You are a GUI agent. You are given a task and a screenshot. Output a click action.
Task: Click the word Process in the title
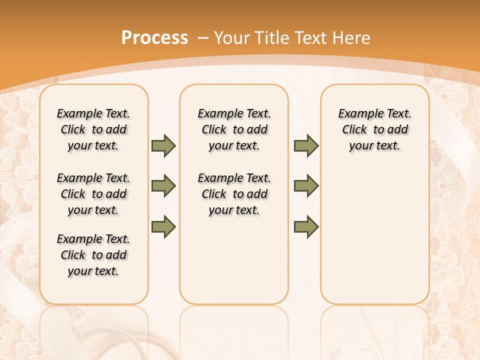click(x=154, y=38)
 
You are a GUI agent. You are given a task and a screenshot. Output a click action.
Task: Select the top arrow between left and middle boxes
click(x=163, y=145)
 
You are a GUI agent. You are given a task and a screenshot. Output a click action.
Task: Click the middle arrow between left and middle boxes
click(x=163, y=186)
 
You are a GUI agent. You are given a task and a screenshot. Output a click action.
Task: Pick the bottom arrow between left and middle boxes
click(x=163, y=226)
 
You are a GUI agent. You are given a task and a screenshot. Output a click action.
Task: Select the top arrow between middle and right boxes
click(x=306, y=145)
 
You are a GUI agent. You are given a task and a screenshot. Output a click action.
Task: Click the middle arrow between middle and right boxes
click(x=306, y=186)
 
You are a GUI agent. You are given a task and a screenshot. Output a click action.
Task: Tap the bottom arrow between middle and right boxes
click(x=306, y=226)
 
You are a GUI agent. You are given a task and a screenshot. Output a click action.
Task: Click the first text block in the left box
click(x=93, y=129)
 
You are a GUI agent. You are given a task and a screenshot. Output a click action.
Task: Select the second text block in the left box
click(x=93, y=194)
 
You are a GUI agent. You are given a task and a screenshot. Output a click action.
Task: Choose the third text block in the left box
click(x=93, y=255)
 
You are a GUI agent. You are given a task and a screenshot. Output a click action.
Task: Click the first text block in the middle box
click(x=234, y=129)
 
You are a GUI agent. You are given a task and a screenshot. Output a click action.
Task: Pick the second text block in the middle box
click(x=234, y=194)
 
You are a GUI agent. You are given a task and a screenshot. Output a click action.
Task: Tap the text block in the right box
click(x=374, y=129)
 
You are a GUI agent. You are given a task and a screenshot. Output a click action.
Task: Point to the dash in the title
click(x=203, y=38)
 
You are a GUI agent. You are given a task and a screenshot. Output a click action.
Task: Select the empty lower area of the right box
click(x=374, y=235)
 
